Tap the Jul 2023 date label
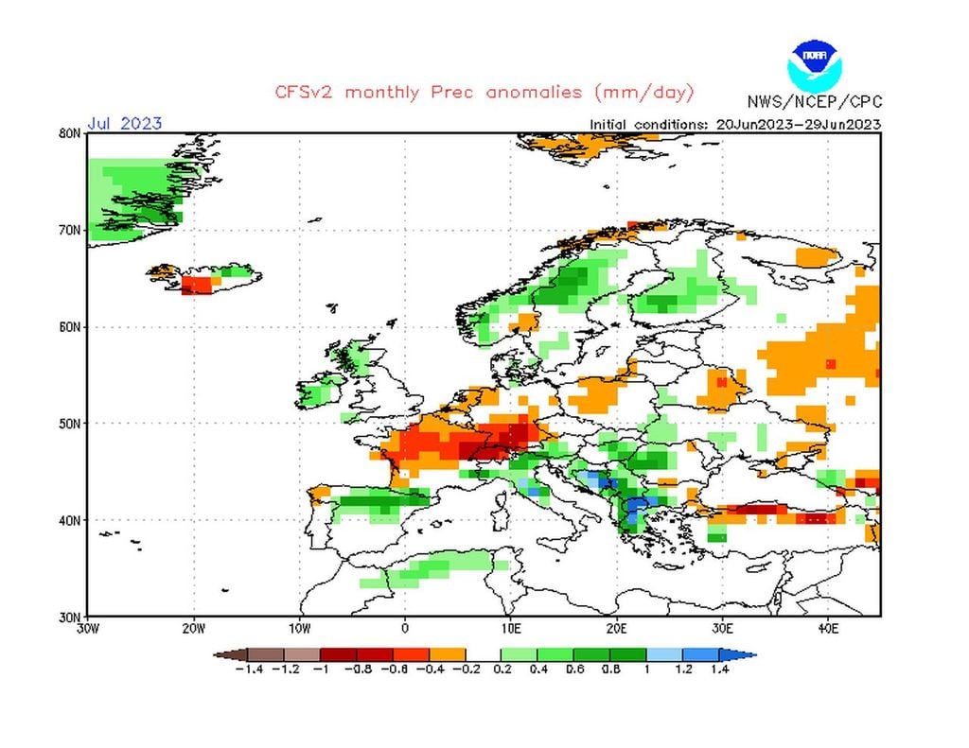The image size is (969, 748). (x=124, y=123)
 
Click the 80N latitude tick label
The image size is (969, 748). (x=69, y=133)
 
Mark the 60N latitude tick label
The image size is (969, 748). (x=69, y=327)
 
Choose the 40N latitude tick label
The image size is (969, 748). (x=69, y=520)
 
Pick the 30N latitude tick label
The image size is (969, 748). (x=69, y=617)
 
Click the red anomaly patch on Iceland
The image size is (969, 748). (x=199, y=285)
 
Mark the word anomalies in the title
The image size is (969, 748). (x=537, y=93)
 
